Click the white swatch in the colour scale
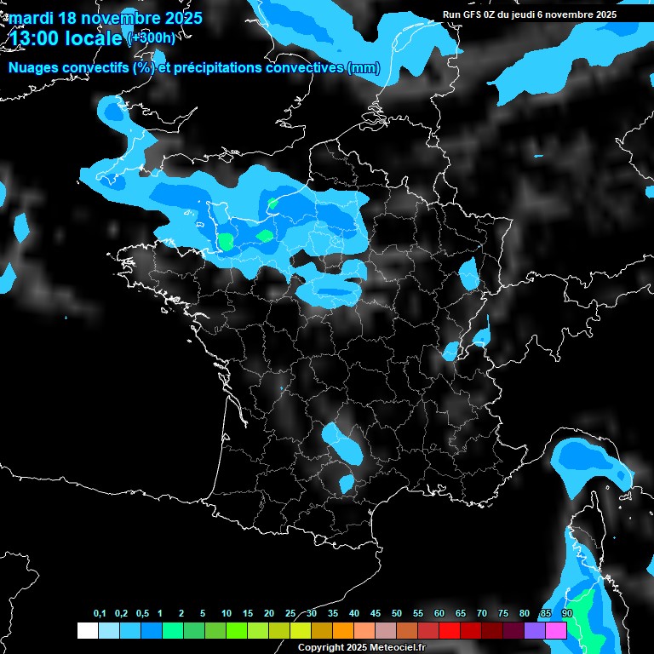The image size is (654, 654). pos(87,630)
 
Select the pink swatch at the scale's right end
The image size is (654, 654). pos(556,630)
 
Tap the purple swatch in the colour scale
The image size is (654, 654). pos(535,630)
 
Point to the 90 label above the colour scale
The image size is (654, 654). pos(567,613)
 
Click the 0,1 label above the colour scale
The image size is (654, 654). pos(100,613)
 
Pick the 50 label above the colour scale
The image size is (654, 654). pos(397,613)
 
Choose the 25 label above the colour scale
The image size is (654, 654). pos(290,613)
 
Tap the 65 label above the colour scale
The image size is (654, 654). pos(461,613)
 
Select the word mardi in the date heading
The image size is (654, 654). pos(32,18)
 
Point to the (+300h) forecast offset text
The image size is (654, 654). pos(151,38)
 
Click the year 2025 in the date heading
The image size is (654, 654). pos(181,18)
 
